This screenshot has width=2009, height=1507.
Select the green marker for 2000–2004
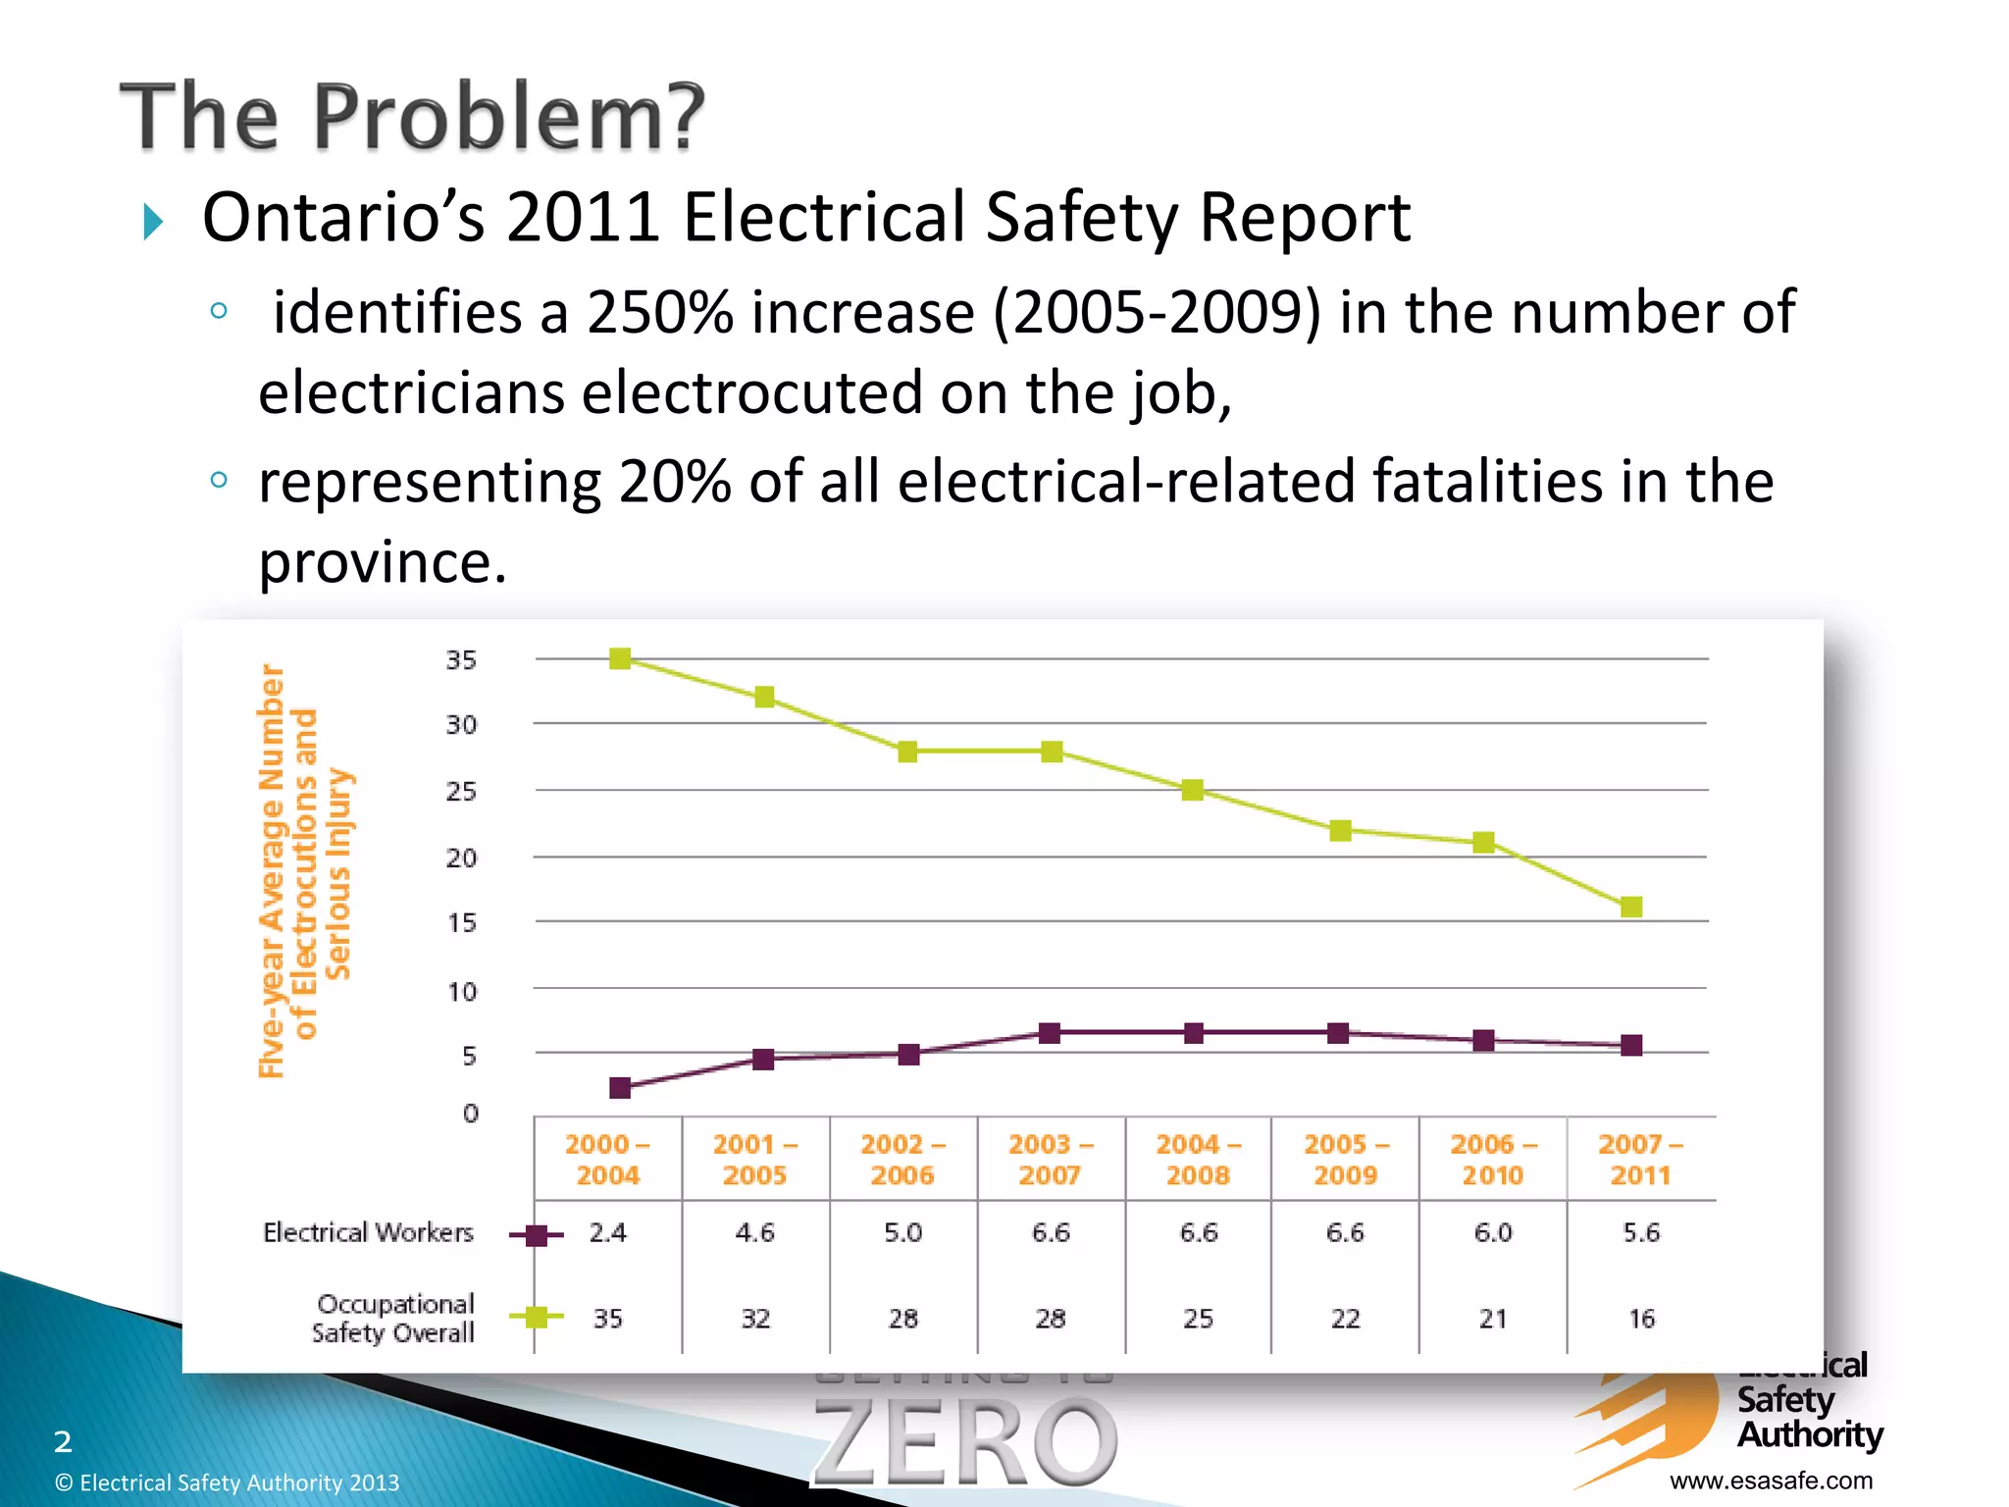620,658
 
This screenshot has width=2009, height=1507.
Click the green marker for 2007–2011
1631,907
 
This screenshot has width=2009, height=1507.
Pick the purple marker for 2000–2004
620,1087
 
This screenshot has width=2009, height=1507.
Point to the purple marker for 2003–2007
1050,1032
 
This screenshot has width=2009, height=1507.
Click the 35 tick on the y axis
461,660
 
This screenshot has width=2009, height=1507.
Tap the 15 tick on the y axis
461,923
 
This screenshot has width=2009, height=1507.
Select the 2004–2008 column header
1198,1159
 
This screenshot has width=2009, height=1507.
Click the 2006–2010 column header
1493,1159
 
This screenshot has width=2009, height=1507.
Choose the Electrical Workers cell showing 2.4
608,1232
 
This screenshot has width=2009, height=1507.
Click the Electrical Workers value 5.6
1641,1232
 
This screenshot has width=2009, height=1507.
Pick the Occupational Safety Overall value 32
755,1319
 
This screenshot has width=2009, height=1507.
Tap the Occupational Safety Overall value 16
1641,1319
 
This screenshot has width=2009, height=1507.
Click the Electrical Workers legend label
368,1232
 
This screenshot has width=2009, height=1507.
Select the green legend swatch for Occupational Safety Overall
536,1318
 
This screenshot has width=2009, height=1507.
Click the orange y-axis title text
304,871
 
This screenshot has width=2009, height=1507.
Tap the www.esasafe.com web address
1771,1481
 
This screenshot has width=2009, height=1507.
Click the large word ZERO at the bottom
964,1441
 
